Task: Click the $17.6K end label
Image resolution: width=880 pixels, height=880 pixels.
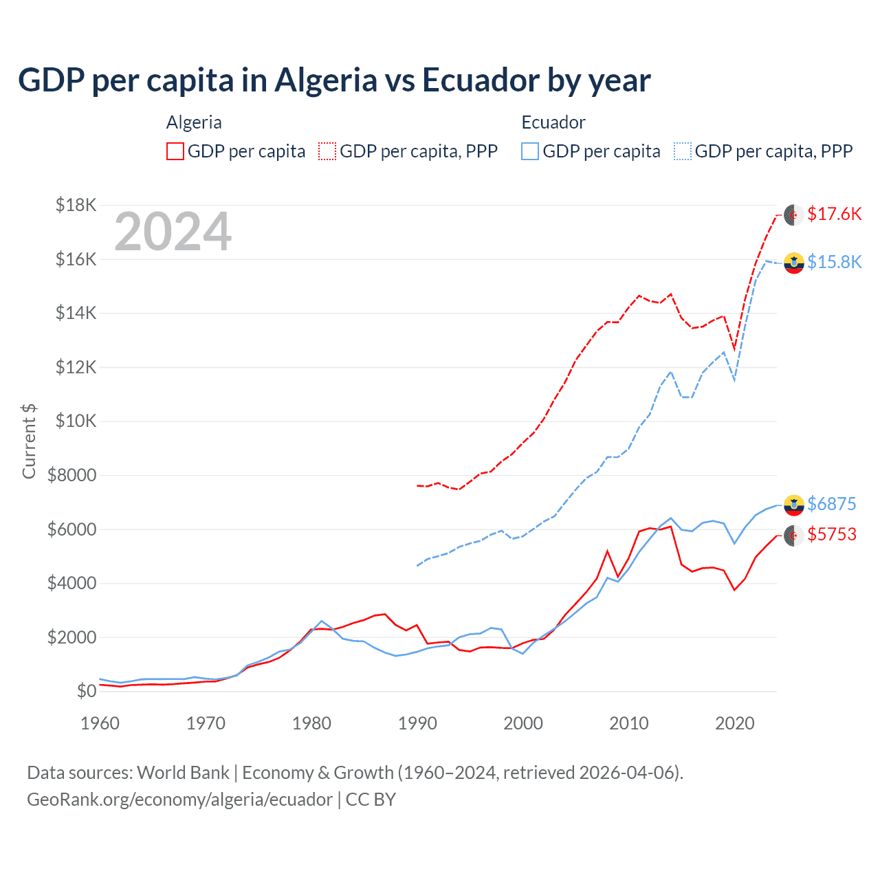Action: click(834, 214)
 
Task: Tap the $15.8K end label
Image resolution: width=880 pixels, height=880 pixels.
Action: click(834, 262)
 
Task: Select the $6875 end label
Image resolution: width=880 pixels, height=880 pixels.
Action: click(831, 504)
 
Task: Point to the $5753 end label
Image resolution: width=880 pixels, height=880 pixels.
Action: click(831, 534)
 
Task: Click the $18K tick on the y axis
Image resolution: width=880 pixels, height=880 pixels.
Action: click(76, 205)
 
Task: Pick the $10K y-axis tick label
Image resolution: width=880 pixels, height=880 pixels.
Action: click(76, 421)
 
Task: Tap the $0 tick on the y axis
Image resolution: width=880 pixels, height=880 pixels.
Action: click(86, 691)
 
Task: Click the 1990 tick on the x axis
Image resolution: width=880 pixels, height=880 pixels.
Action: click(417, 723)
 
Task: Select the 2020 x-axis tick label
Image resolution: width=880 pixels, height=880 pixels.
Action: click(734, 723)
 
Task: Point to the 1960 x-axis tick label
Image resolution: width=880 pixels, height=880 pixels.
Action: click(100, 723)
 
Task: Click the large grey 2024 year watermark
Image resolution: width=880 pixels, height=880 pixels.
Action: click(173, 232)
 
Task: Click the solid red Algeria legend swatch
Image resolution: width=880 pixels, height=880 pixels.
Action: click(175, 151)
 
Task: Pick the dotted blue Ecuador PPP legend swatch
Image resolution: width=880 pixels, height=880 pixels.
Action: click(683, 151)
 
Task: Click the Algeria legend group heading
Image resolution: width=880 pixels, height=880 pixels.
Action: click(194, 122)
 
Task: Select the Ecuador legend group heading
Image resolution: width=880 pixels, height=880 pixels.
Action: click(553, 122)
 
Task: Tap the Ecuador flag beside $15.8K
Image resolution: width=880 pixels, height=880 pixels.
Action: click(794, 263)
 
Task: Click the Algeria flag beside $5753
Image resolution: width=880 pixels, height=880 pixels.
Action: click(794, 535)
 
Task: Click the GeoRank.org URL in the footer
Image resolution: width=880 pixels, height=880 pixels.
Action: click(179, 800)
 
